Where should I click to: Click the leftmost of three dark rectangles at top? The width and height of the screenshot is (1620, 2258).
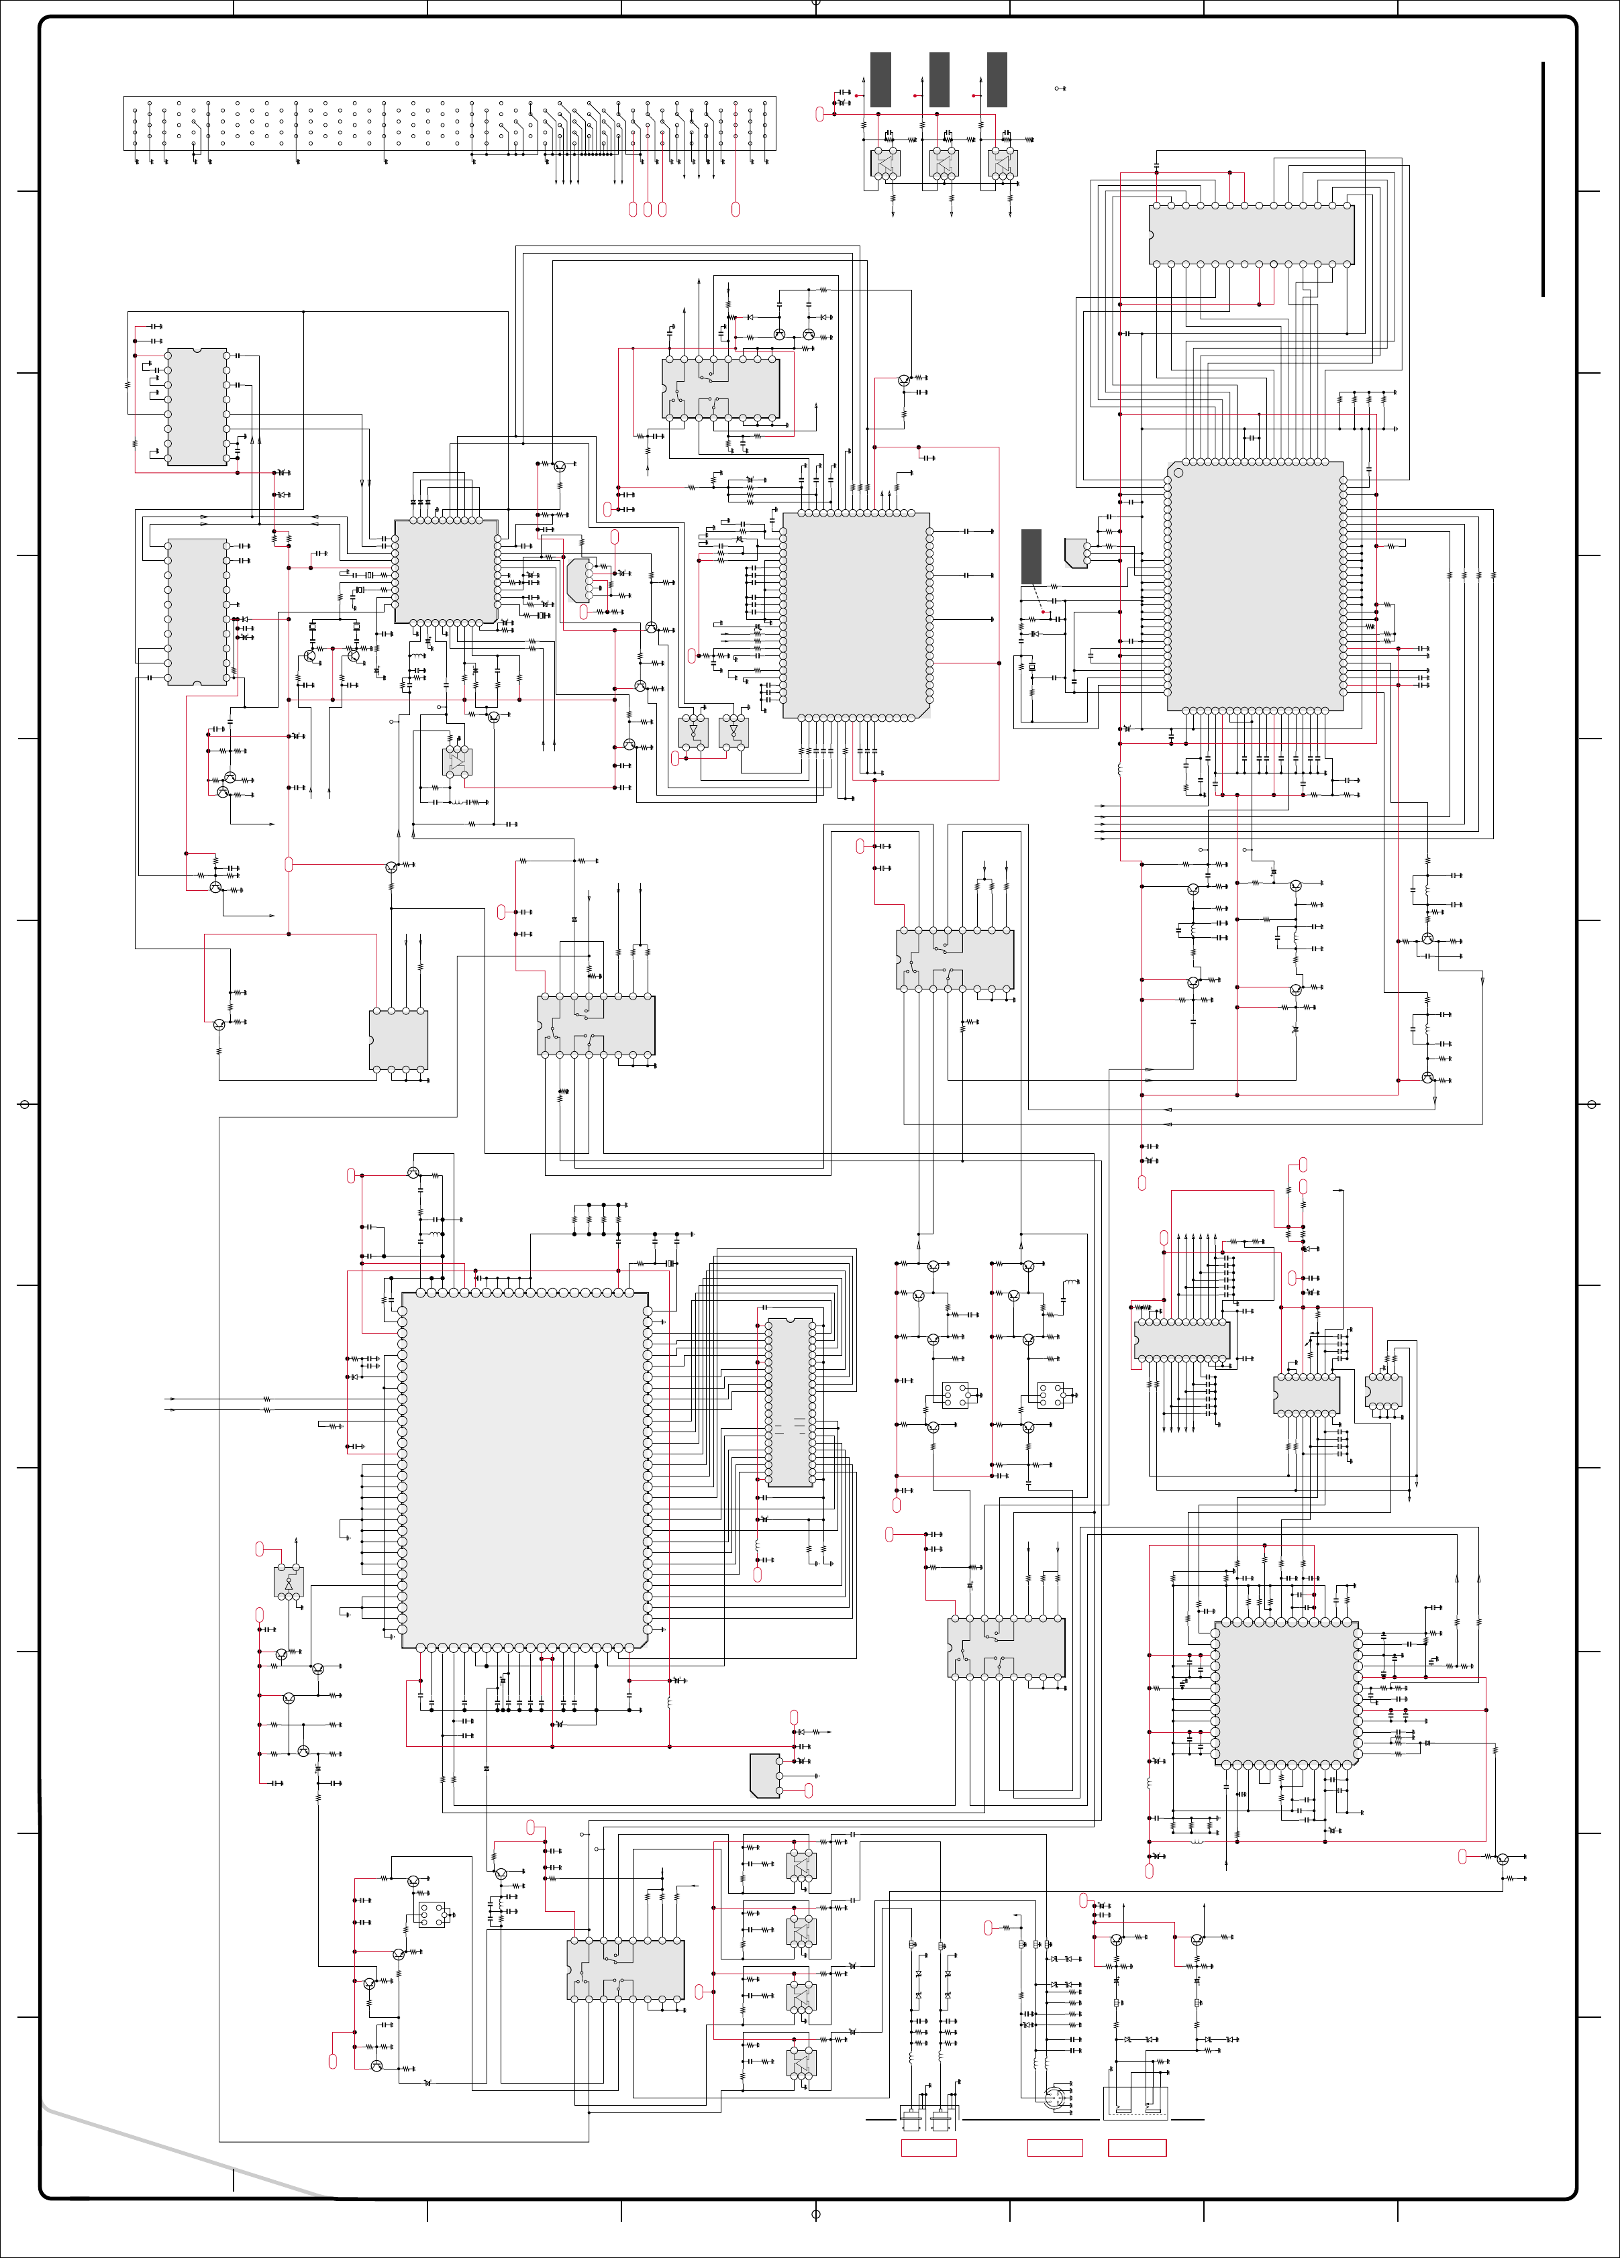880,80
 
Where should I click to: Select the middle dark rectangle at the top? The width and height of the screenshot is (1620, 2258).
939,80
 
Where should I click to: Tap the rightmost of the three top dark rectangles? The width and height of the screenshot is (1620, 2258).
997,80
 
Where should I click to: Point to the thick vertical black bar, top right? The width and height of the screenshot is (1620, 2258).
1542,179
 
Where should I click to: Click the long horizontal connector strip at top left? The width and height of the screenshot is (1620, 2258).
449,123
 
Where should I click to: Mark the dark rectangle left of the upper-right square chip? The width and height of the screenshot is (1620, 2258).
1031,557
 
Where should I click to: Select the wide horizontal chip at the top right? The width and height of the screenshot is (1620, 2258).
1252,235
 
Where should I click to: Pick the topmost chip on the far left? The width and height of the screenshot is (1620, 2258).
197,407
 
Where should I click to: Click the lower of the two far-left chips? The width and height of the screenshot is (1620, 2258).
197,611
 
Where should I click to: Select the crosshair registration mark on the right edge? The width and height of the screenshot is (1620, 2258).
1591,1104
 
